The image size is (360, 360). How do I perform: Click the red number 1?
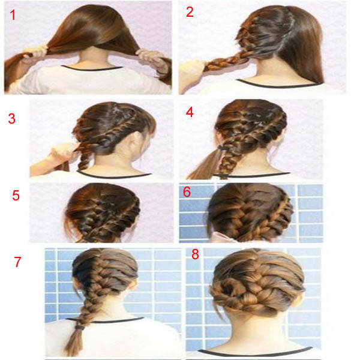tap(13, 15)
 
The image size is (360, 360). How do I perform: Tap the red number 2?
tap(190, 12)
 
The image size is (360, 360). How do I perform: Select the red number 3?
tap(12, 119)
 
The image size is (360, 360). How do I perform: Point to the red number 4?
tap(190, 112)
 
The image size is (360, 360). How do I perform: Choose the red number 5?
tap(16, 196)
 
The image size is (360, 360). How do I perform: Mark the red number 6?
tap(187, 192)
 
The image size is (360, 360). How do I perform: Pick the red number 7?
tap(17, 262)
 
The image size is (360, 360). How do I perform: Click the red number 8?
tap(195, 254)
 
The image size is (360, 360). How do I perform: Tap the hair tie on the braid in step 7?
tap(80, 328)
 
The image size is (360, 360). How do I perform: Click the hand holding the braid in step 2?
tap(193, 69)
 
